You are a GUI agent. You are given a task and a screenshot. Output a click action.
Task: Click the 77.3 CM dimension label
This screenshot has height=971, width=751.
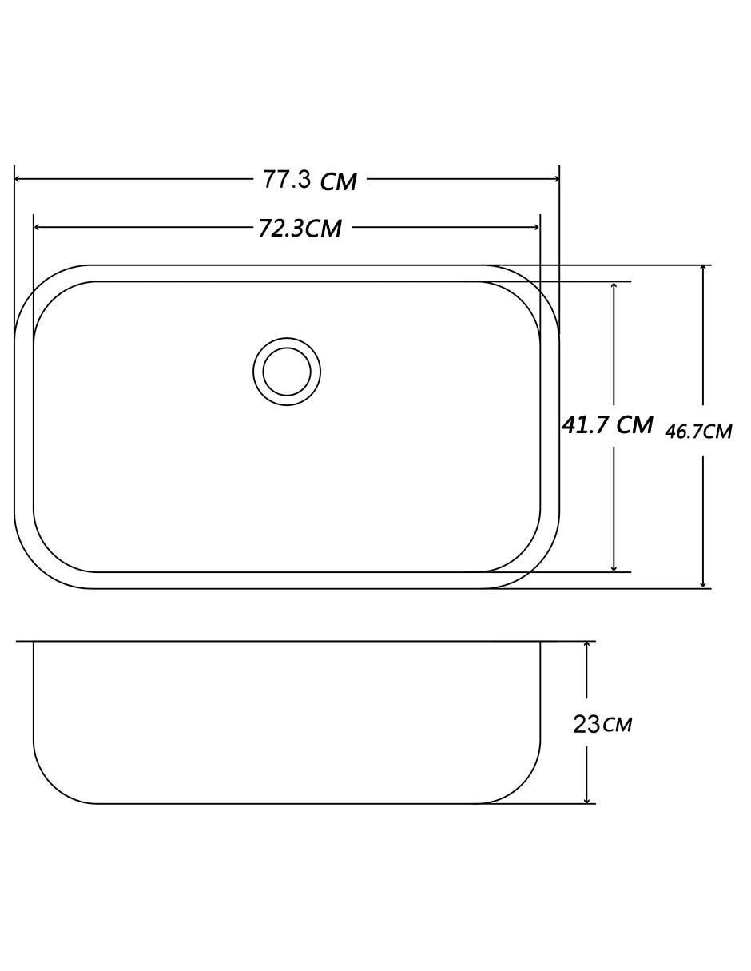[309, 181]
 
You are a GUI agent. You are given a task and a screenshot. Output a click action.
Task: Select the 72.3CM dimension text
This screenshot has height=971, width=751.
[300, 228]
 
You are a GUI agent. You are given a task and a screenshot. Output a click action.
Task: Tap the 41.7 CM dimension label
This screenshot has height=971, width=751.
[607, 424]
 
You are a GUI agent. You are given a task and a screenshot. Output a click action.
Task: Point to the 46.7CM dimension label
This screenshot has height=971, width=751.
[698, 432]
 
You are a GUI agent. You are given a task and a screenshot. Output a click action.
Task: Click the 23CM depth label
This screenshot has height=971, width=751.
[602, 724]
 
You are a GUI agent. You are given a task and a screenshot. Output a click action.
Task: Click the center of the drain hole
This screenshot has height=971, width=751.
[287, 372]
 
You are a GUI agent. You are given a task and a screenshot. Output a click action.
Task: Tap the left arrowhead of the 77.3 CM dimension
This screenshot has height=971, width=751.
[18, 179]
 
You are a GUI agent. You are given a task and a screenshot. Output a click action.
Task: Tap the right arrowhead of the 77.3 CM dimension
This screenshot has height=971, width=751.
[556, 179]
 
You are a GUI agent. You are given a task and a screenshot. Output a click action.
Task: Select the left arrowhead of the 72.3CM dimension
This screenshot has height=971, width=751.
[37, 228]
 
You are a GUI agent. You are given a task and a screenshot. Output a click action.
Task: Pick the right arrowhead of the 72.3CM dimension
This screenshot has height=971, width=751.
[537, 228]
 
